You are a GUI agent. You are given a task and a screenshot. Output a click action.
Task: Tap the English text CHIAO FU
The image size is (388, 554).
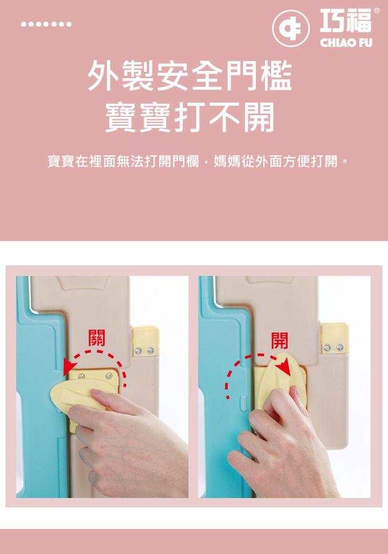pyautogui.click(x=346, y=43)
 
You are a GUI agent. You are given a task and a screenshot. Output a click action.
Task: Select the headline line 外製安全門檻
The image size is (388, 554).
pyautogui.click(x=190, y=77)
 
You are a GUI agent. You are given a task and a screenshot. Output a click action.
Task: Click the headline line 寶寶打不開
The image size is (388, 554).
pyautogui.click(x=190, y=118)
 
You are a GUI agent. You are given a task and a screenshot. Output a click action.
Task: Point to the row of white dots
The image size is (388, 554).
pyautogui.click(x=46, y=25)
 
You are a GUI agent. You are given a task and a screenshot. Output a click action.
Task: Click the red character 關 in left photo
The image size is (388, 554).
pyautogui.click(x=96, y=337)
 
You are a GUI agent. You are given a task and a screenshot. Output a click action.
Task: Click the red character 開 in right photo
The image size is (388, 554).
pyautogui.click(x=279, y=340)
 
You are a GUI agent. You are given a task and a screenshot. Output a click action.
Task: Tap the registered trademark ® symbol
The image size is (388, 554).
pyautogui.click(x=376, y=11)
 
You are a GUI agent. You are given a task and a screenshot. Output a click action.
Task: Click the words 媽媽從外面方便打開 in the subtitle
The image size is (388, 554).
pyautogui.click(x=277, y=162)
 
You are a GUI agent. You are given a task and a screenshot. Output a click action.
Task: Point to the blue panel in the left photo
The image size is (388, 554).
pyautogui.click(x=40, y=399)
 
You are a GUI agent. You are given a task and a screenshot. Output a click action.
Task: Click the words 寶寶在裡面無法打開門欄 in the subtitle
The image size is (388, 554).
pyautogui.click(x=123, y=162)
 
